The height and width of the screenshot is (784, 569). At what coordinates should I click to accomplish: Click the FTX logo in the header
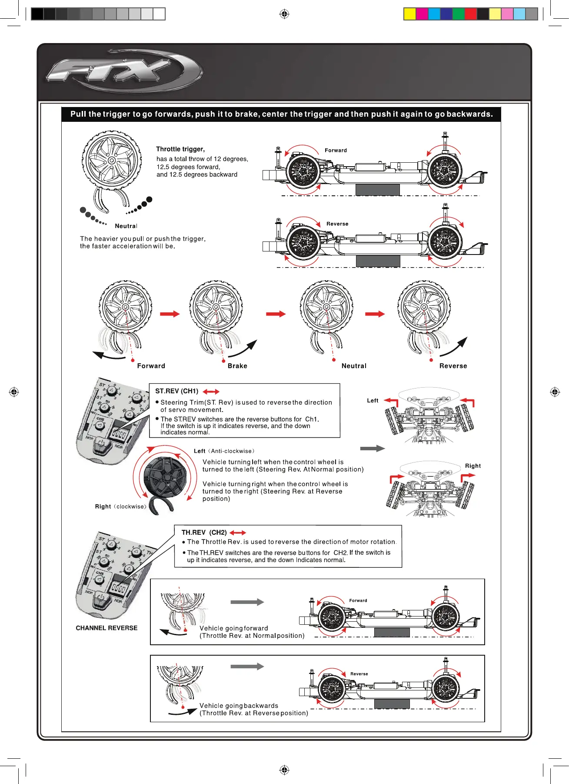point(124,71)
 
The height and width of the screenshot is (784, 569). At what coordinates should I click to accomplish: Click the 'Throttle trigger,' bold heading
point(180,149)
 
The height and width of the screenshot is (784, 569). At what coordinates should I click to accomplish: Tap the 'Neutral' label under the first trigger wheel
point(126,226)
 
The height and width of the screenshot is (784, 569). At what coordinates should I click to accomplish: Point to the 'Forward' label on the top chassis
point(336,151)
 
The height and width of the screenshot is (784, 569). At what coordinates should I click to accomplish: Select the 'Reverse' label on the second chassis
point(337,224)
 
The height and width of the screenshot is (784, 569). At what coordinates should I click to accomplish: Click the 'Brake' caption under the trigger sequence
point(237,366)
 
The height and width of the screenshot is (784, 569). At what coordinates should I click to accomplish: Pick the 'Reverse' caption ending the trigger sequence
point(453,366)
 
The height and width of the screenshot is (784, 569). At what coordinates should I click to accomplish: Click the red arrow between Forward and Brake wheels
point(170,314)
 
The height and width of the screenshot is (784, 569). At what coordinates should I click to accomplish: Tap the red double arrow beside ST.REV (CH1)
point(211,392)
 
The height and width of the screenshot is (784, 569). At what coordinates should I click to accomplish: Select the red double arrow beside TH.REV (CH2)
point(238,533)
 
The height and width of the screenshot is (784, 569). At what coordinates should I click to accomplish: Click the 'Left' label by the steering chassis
point(373,401)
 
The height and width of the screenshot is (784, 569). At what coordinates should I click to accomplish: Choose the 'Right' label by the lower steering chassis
point(473,466)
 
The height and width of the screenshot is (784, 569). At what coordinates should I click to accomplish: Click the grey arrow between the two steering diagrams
point(373,449)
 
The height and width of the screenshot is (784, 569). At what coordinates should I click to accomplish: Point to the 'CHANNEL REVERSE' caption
point(106,628)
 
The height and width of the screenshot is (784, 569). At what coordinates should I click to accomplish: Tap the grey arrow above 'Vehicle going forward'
point(247,602)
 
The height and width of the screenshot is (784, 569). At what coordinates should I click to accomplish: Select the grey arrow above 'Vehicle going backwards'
point(247,667)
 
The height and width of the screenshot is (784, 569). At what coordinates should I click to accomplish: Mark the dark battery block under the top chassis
point(377,190)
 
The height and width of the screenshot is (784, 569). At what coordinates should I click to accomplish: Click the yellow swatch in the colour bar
point(410,14)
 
